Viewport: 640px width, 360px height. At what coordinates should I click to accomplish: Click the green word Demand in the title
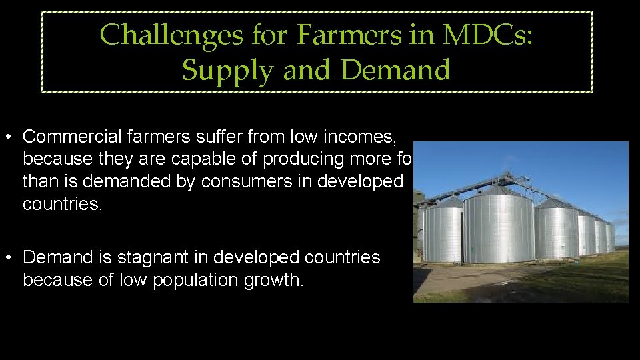click(396, 70)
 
